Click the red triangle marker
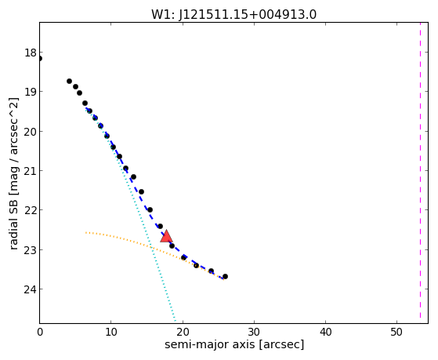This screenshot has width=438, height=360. (166, 236)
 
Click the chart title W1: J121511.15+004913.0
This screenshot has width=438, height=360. (233, 14)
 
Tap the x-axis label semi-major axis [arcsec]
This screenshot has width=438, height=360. (234, 344)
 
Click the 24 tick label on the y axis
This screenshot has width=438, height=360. (31, 289)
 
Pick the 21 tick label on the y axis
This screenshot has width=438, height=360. (31, 171)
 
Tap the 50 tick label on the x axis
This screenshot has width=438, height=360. (397, 332)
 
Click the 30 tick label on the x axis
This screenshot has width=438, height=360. (254, 332)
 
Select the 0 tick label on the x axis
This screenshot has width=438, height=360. (40, 332)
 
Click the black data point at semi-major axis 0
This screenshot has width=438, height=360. (40, 59)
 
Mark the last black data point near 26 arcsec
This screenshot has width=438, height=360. (225, 276)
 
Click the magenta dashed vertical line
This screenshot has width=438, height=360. (420, 171)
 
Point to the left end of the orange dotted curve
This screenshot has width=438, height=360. (85, 232)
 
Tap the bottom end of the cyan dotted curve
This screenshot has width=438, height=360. (176, 321)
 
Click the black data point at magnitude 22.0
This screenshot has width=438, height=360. (150, 209)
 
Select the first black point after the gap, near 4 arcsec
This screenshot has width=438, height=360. (69, 81)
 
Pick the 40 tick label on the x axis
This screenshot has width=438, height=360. (325, 332)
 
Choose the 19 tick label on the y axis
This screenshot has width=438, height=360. (31, 92)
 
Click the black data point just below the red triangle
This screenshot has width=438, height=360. (172, 245)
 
